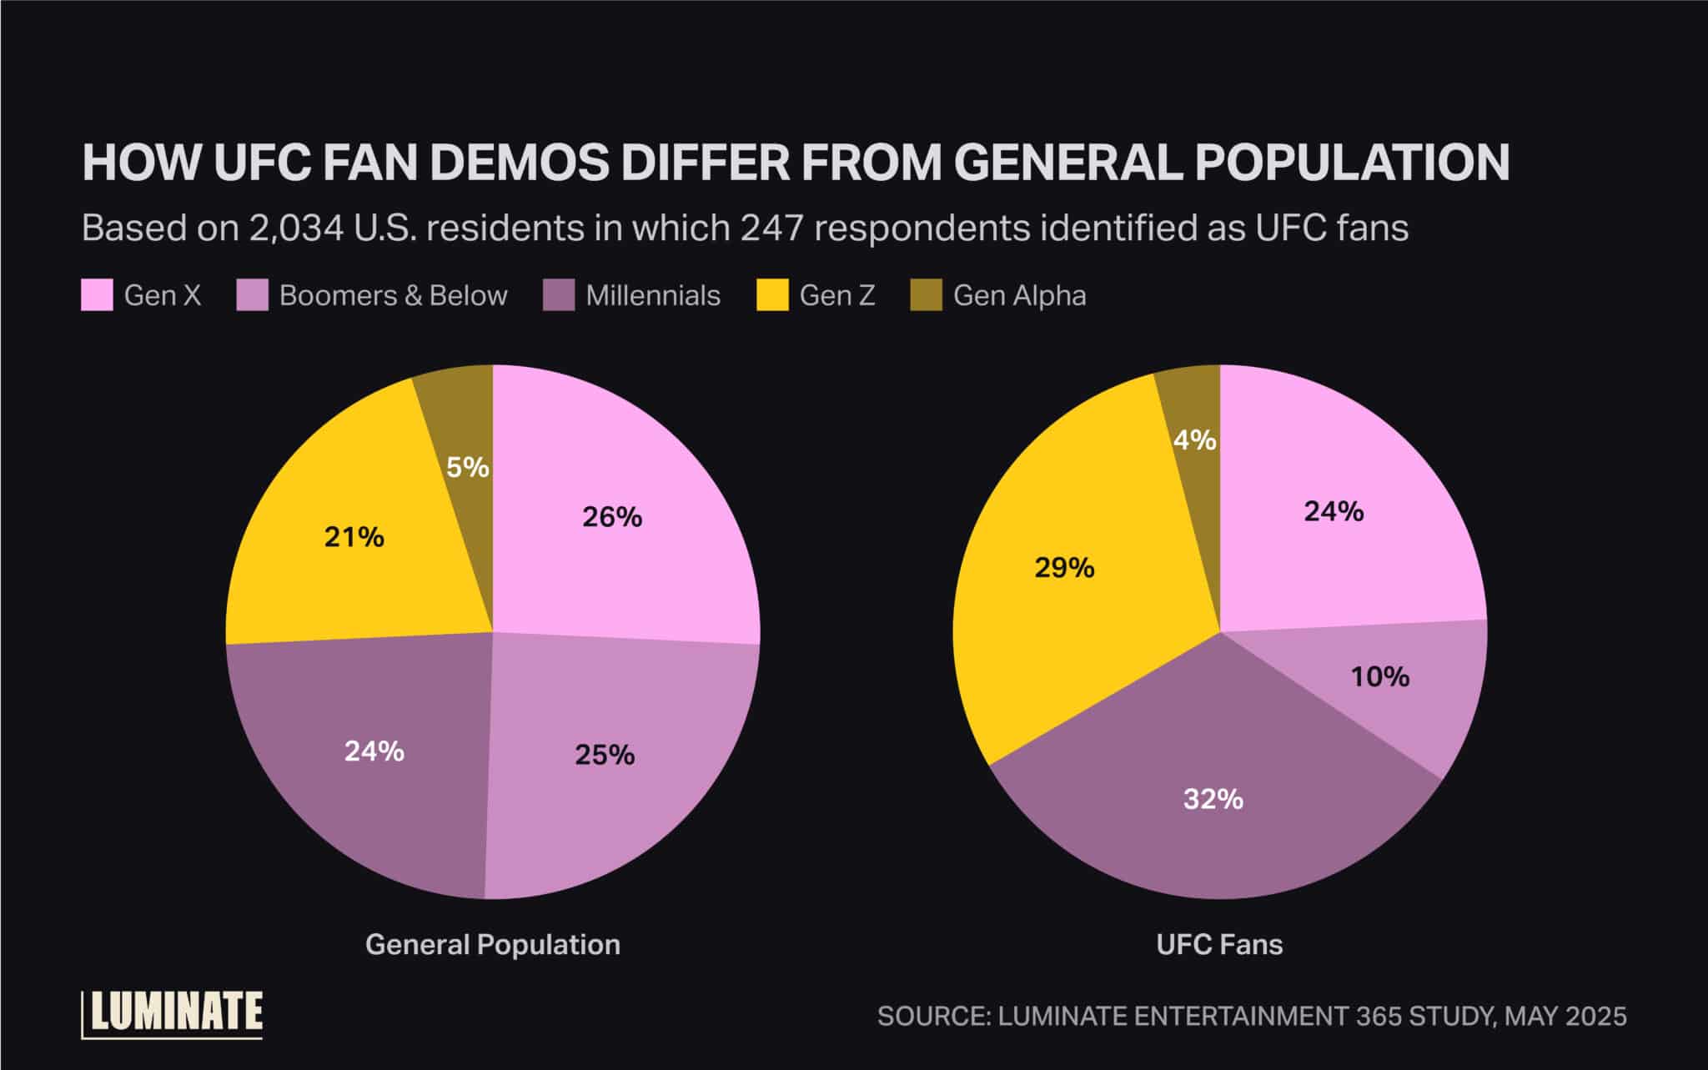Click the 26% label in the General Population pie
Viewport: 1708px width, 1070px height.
click(612, 517)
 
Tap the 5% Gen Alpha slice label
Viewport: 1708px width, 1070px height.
click(467, 467)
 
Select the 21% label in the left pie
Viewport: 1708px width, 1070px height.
click(354, 537)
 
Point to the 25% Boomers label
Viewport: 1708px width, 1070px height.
click(605, 755)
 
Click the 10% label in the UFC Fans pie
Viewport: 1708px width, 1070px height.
click(1380, 676)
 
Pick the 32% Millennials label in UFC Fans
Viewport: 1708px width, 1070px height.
click(1213, 799)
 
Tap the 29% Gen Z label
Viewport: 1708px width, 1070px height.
click(1064, 568)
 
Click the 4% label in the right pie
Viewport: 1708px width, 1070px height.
click(1194, 440)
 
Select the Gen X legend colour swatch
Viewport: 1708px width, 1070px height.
click(97, 295)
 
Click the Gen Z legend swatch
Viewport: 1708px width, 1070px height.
click(772, 295)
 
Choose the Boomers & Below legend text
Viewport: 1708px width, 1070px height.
click(393, 295)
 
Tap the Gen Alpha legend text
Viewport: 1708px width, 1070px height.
click(1019, 295)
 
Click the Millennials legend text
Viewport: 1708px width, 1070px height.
click(653, 295)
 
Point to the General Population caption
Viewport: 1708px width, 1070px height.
click(493, 944)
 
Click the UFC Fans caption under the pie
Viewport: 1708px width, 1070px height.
click(1219, 944)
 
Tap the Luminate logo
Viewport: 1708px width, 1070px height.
click(173, 1014)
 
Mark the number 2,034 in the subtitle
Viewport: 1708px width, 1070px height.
click(296, 228)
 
